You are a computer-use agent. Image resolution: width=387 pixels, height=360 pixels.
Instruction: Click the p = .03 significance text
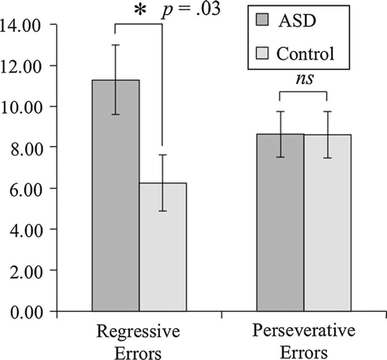[x=189, y=9]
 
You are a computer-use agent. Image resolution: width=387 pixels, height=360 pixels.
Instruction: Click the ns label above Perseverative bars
[x=304, y=79]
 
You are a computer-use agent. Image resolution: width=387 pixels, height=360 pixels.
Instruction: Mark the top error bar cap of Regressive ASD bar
[x=115, y=45]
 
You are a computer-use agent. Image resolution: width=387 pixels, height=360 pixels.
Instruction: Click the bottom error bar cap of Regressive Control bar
[x=163, y=211]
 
